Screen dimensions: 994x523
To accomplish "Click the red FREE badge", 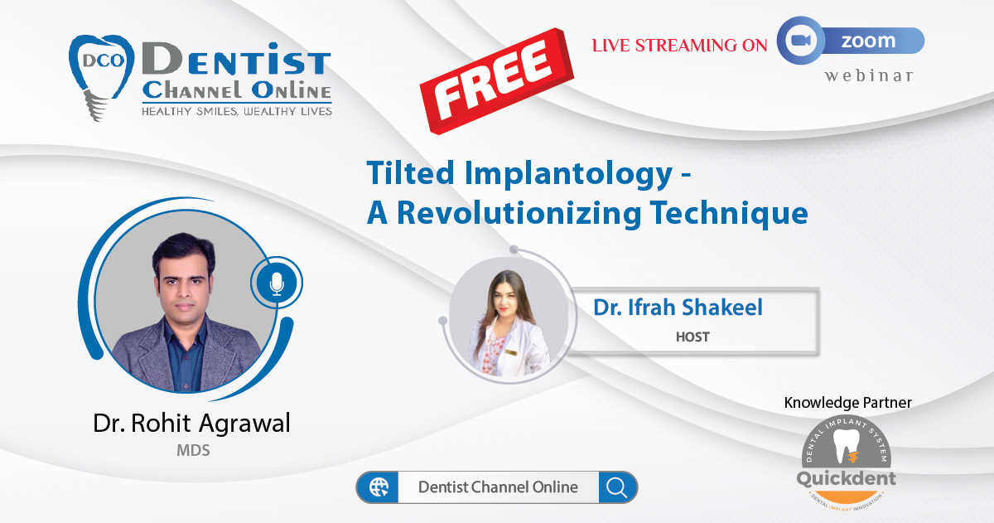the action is click(496, 81).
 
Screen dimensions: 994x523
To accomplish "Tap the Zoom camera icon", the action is click(800, 41).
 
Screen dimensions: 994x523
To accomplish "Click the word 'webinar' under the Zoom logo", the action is click(868, 75).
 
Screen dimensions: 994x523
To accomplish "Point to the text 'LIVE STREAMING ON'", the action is click(679, 46).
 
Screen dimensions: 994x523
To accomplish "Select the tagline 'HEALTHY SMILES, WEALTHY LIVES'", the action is click(237, 111).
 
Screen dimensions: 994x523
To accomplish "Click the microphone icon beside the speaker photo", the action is click(277, 283).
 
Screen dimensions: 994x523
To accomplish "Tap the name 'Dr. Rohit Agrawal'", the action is click(191, 422).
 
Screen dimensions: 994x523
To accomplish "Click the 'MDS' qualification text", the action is click(193, 451).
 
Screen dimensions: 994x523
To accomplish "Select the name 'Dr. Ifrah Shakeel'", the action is click(678, 308).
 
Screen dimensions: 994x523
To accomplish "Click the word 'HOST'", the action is click(692, 337).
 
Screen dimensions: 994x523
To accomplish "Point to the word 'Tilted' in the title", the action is click(411, 173).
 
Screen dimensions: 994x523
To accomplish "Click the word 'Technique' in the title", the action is click(729, 214).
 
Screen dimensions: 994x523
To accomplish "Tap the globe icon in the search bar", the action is click(378, 487).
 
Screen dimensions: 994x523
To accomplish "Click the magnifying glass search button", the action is click(617, 487).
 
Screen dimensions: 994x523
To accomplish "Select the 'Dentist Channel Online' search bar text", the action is click(498, 487).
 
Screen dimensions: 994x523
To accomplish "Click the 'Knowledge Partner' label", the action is click(847, 402).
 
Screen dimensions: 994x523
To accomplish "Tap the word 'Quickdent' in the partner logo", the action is click(846, 478).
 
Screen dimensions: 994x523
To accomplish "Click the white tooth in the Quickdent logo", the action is click(847, 446).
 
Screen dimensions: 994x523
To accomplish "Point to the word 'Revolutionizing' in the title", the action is click(519, 214).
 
